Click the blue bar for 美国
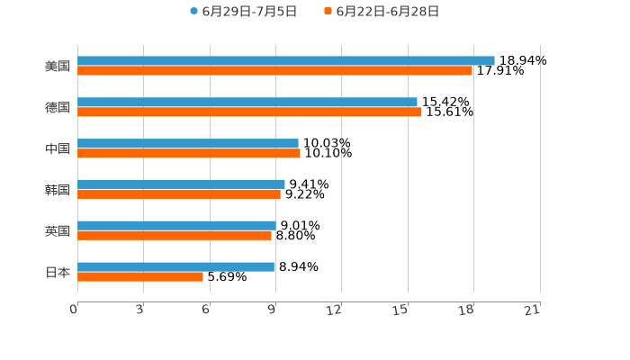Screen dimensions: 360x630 tap(286, 60)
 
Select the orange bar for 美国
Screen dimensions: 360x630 tap(274, 70)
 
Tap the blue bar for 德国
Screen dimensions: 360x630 tap(247, 102)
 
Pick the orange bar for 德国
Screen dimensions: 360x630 tap(249, 112)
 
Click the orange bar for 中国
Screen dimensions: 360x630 tap(189, 153)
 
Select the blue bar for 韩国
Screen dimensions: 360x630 tap(181, 184)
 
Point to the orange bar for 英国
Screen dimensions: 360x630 tap(175, 235)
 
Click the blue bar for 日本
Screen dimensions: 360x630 tap(175, 266)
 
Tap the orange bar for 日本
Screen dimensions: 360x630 tap(140, 276)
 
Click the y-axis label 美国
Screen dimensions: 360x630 tap(58, 66)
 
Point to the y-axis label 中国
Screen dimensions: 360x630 tap(58, 148)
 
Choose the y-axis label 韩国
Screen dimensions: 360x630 tap(58, 190)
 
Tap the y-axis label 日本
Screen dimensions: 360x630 tap(58, 272)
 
